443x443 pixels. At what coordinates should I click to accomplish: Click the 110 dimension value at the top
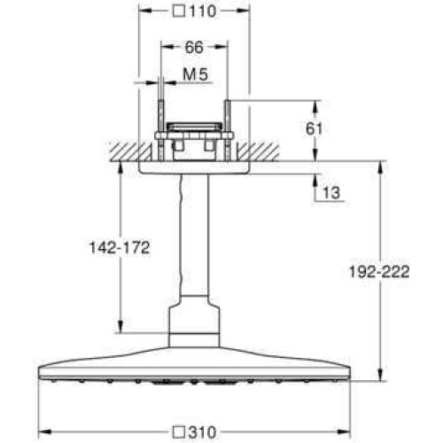203,12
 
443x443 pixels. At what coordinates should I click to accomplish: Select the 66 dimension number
194,47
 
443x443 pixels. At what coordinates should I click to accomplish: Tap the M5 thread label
196,74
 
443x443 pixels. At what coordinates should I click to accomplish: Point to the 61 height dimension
314,128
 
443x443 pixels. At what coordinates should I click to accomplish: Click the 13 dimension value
331,193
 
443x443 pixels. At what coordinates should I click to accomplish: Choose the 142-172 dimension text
120,247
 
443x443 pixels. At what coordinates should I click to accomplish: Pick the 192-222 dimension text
379,272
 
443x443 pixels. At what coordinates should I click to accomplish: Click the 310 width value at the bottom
203,432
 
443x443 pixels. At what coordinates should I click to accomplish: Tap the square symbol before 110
179,12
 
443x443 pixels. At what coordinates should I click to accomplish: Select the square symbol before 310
179,432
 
